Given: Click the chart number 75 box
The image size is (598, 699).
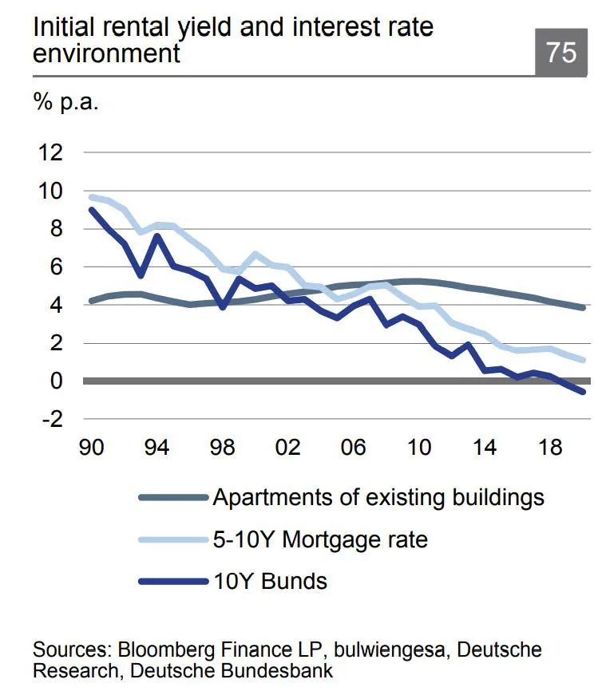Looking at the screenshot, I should (x=560, y=53).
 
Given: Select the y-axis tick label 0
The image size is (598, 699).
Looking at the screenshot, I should (x=54, y=381).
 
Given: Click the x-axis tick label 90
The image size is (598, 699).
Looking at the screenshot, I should (x=93, y=446).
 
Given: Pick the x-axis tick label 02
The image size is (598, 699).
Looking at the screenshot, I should (x=288, y=446).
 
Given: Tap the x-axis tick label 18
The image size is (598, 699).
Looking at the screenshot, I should (x=549, y=446).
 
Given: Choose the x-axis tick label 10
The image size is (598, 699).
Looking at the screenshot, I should (x=418, y=446).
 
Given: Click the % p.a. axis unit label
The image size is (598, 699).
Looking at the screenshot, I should (x=65, y=104).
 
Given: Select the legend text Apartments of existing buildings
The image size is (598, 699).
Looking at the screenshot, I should (x=378, y=497).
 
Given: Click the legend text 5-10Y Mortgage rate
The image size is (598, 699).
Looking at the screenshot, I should (x=319, y=539).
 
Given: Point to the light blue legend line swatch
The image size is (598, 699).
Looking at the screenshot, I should (x=172, y=539).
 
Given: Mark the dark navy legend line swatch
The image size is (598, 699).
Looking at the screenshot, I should (x=172, y=581).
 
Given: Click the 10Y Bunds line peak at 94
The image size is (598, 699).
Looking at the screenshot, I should (x=158, y=235).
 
